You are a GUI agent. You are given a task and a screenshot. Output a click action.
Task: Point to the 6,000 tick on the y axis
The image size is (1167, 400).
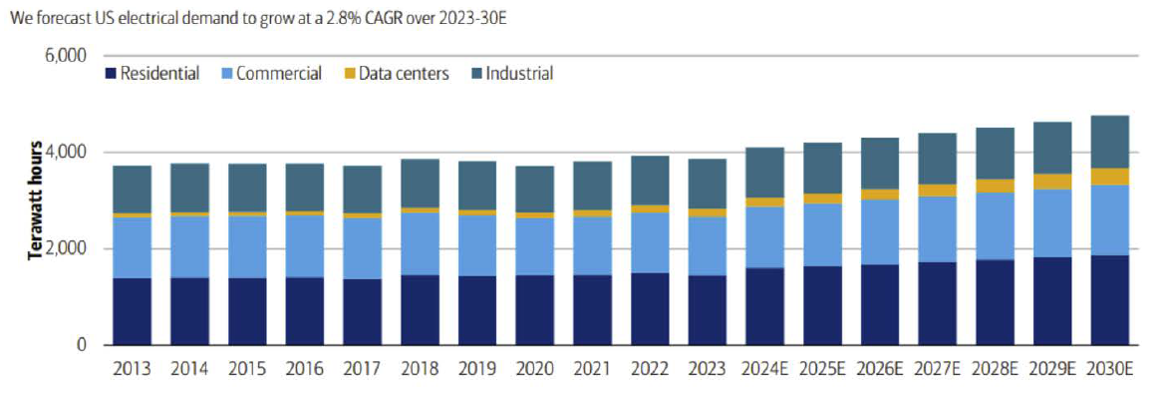click(x=67, y=56)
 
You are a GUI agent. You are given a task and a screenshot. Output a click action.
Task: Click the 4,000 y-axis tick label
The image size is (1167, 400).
click(x=67, y=153)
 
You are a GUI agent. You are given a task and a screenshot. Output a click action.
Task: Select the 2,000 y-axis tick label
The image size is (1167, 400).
click(x=67, y=248)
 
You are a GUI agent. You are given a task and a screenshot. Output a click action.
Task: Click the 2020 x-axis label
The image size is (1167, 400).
click(x=535, y=368)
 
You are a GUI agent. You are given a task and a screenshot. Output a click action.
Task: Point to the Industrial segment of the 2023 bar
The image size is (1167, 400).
click(x=708, y=184)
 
